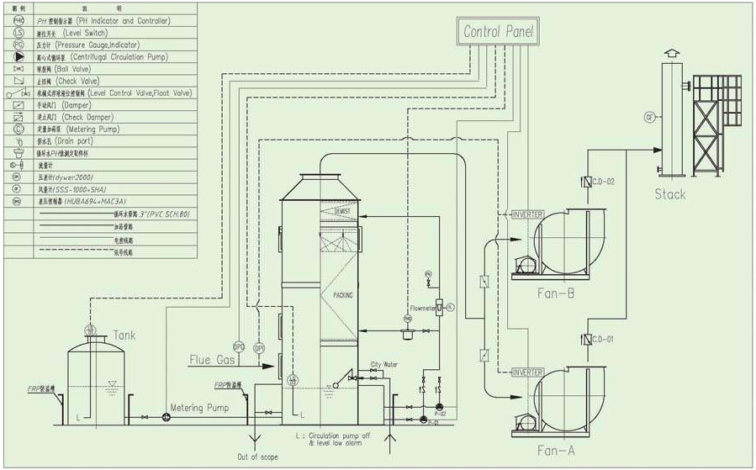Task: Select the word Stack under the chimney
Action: (x=669, y=194)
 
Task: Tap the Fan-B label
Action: (x=556, y=293)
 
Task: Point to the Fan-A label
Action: (x=556, y=451)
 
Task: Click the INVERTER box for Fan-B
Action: (x=528, y=214)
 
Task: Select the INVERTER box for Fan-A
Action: (x=528, y=372)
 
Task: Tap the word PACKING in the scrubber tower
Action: (x=343, y=295)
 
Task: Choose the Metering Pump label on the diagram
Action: (x=198, y=408)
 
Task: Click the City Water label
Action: (x=384, y=366)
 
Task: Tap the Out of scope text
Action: (x=256, y=457)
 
